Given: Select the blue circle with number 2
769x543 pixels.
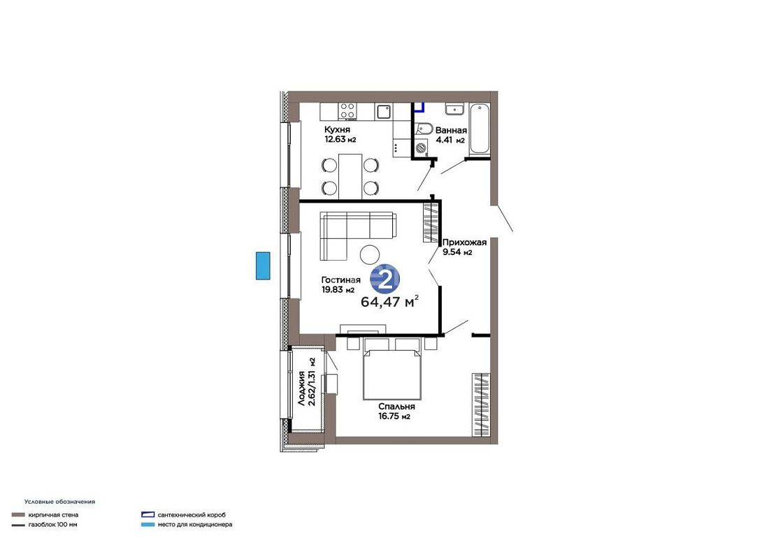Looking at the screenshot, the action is point(384,280).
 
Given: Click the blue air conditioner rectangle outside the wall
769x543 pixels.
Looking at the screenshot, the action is point(263,266).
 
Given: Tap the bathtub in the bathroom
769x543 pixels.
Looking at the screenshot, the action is point(479,129).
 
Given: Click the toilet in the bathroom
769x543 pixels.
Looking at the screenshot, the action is point(424,129).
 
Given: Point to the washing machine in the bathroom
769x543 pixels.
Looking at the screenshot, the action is point(422,147).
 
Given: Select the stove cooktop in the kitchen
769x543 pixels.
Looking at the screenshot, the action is point(348,111).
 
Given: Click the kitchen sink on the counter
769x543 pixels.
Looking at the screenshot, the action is point(384,111).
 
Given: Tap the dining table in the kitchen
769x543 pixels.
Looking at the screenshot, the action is point(350,176).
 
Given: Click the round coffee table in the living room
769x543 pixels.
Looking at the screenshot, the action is point(369,254).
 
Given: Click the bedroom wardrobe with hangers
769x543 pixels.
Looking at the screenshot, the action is point(481,405).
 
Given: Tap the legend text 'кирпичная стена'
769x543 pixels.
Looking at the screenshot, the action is point(53,515).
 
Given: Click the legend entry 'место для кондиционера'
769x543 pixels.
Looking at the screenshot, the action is point(195,524).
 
